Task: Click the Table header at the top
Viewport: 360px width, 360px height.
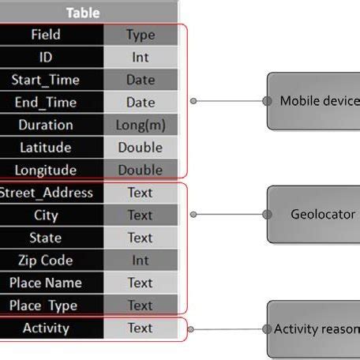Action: pyautogui.click(x=83, y=13)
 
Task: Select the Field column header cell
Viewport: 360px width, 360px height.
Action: pyautogui.click(x=46, y=35)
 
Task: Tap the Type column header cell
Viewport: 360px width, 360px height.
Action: pyautogui.click(x=141, y=35)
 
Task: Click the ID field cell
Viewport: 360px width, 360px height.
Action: pyautogui.click(x=46, y=58)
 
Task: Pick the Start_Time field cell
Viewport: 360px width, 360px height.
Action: pyautogui.click(x=46, y=80)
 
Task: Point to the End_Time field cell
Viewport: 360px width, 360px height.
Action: pyautogui.click(x=46, y=103)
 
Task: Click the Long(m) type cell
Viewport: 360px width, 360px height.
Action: pyautogui.click(x=141, y=125)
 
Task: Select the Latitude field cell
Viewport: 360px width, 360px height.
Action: pyautogui.click(x=46, y=148)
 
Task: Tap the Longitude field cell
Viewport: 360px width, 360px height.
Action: pyautogui.click(x=46, y=170)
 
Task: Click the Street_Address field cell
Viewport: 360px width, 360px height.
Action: pyautogui.click(x=46, y=193)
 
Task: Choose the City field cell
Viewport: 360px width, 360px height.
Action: pyautogui.click(x=46, y=215)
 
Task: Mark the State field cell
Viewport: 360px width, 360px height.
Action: pyautogui.click(x=46, y=238)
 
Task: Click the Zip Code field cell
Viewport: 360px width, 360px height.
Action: pyautogui.click(x=46, y=261)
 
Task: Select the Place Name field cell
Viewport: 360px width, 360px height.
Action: pyautogui.click(x=46, y=283)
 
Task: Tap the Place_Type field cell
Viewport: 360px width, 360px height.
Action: pyautogui.click(x=46, y=306)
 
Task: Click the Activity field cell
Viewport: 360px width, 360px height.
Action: pyautogui.click(x=46, y=328)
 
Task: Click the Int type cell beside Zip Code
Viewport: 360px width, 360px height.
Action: pyautogui.click(x=141, y=261)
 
